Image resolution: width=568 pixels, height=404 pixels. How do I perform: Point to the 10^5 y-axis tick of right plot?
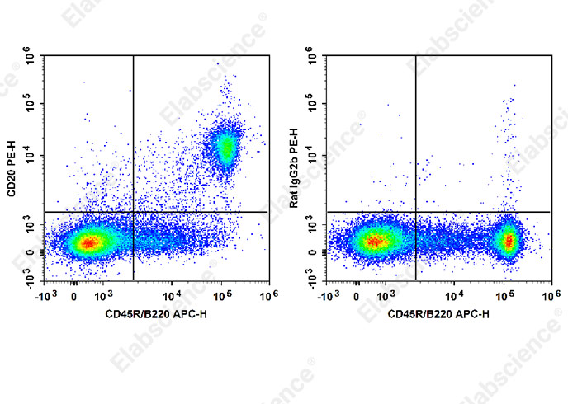(x=310, y=106)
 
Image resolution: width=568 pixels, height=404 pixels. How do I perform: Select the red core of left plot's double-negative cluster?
(x=89, y=242)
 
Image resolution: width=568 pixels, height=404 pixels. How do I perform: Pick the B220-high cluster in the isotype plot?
(x=509, y=241)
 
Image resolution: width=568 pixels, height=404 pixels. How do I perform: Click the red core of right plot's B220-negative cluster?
(x=373, y=242)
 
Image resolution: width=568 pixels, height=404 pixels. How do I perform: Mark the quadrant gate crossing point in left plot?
(x=133, y=212)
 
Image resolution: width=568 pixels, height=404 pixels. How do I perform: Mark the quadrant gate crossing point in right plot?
(x=414, y=212)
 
